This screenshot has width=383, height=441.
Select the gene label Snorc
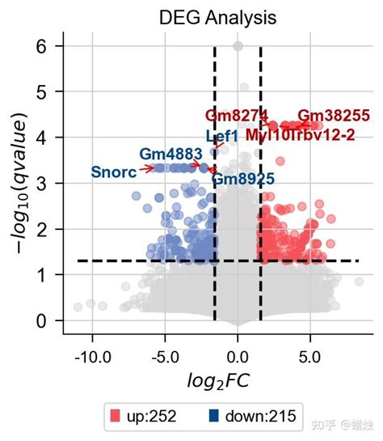[x=113, y=172]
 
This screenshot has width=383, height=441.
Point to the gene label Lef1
[x=221, y=137]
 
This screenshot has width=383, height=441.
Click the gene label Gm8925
[x=243, y=179]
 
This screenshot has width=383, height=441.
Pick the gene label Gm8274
[x=236, y=116]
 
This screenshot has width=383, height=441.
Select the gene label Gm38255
[x=333, y=116]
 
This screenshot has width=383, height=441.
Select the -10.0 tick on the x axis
[x=92, y=356]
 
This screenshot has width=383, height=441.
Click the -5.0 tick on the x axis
[x=165, y=356]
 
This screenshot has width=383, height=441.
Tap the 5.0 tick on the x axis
[x=310, y=356]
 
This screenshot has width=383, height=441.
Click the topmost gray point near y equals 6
[x=238, y=47]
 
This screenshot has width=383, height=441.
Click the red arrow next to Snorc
[x=146, y=168]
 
